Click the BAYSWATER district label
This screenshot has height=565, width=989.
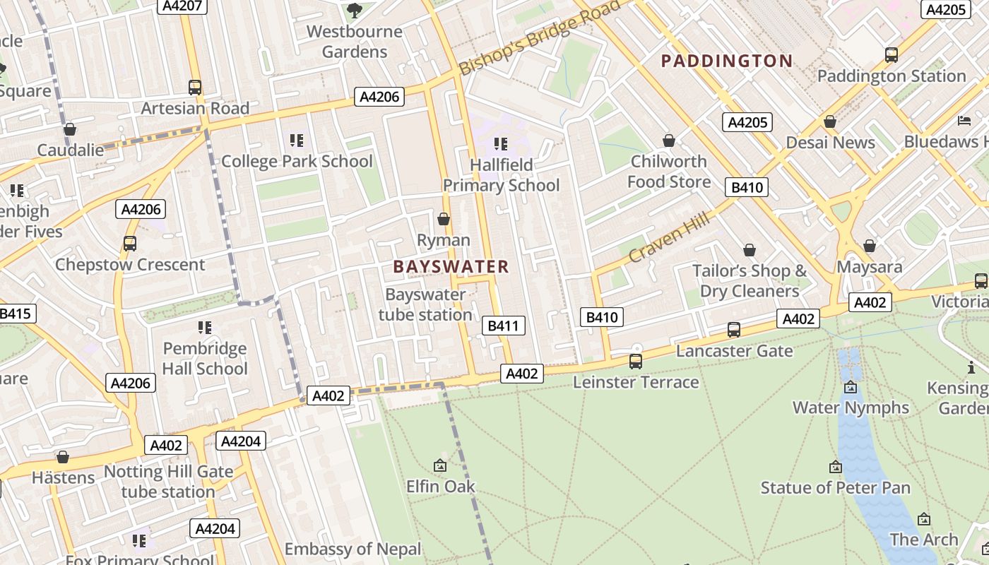[451, 266]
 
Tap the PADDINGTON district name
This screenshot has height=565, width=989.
[726, 61]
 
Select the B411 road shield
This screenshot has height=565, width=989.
[504, 326]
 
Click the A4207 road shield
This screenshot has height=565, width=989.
[182, 6]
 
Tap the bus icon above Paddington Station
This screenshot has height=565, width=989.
[892, 54]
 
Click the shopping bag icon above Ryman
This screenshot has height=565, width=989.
[444, 219]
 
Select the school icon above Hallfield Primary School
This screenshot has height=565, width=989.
[501, 144]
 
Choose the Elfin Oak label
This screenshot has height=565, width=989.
[440, 487]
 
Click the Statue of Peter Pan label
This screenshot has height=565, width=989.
[835, 488]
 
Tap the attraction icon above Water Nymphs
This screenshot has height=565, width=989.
[851, 387]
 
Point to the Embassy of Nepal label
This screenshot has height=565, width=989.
[353, 549]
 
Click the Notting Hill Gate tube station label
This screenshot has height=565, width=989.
[168, 482]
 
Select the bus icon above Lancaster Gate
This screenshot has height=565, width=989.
[734, 330]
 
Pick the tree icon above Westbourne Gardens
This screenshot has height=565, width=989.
[354, 10]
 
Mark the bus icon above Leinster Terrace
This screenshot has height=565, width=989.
[636, 362]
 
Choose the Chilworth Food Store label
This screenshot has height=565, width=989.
[669, 172]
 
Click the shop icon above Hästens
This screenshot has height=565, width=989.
[63, 457]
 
